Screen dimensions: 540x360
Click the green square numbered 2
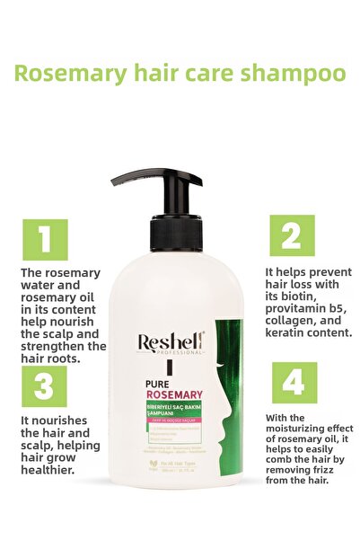click(x=292, y=235)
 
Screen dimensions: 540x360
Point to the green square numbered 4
click(x=294, y=382)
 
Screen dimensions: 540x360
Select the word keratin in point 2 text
click(x=285, y=332)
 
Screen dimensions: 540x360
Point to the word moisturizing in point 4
click(x=299, y=430)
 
